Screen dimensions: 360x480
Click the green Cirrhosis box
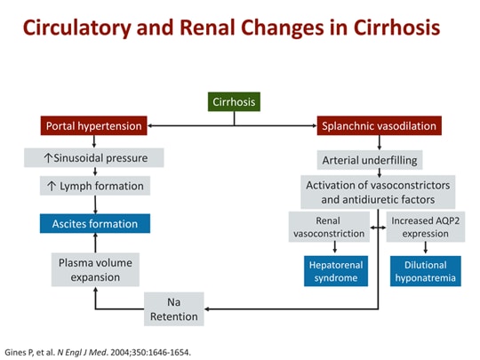(236, 101)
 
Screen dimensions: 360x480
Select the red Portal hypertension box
(92, 126)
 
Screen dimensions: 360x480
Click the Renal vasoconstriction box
(328, 226)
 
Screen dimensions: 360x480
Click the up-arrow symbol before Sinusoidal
(35, 158)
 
